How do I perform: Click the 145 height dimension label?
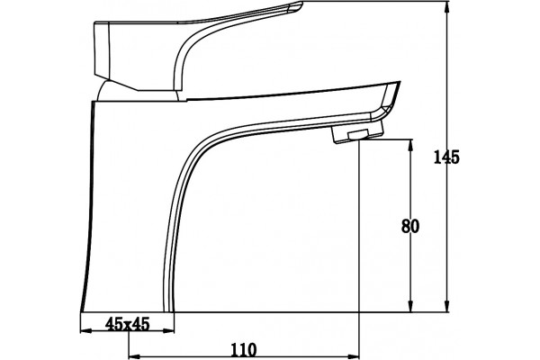coord(446,157)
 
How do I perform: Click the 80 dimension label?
coord(410,226)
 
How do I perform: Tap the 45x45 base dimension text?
coord(128,324)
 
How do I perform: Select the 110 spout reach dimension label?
coord(244,350)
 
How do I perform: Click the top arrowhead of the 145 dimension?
coord(447,8)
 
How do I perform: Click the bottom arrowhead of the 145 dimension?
coord(447,306)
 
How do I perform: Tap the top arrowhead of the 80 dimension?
coord(410,146)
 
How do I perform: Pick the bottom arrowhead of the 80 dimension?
coord(410,306)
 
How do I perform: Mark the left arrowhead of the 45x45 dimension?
coord(86,331)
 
